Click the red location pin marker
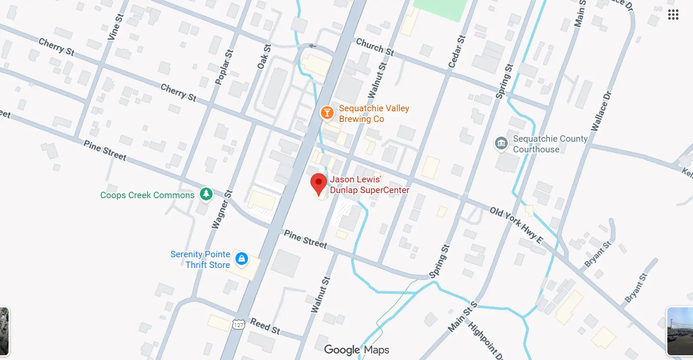coord(318,183)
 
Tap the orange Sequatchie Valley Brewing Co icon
coord(327,113)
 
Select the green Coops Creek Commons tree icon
coord(206,194)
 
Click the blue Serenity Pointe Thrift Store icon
coord(242,259)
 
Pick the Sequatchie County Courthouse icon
coord(501,143)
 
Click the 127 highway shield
coord(238,324)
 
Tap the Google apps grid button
coord(673,15)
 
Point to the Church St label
coord(375,47)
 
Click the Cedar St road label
coord(456,52)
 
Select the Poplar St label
coord(224,67)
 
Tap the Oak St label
coord(264,57)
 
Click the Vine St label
coord(115,27)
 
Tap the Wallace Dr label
coord(601,111)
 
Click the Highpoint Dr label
coord(485,340)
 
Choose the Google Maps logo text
coord(356,350)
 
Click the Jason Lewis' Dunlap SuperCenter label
coord(369,184)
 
